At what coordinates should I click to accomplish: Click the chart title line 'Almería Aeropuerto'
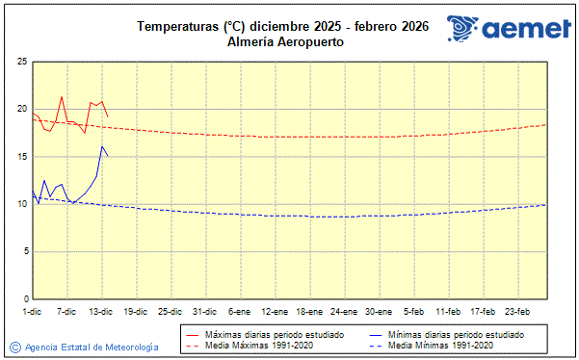[285, 42]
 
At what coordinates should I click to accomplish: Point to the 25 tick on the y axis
[21, 62]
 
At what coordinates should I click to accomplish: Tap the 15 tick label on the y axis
[21, 157]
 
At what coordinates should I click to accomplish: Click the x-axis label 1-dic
[32, 312]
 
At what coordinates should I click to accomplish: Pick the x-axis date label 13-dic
[101, 312]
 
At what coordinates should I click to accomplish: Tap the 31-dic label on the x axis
[204, 312]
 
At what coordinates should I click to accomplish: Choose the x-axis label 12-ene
[275, 312]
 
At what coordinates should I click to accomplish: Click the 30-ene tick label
[379, 312]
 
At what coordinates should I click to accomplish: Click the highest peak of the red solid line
[62, 96]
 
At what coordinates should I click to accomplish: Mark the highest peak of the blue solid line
[102, 146]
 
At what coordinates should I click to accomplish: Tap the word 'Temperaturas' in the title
[171, 27]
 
